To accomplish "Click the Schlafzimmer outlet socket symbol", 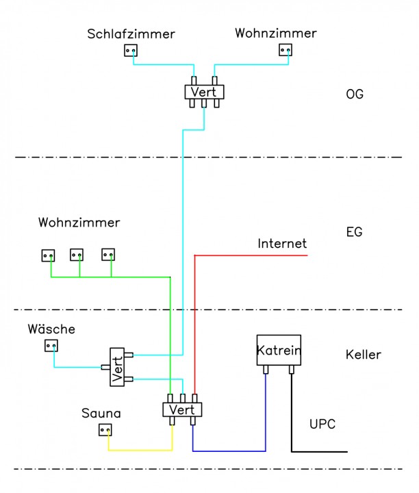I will (x=131, y=50).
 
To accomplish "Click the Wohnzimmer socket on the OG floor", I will (x=285, y=50).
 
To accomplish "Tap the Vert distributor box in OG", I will (x=204, y=91).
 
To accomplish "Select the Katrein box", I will (x=279, y=351).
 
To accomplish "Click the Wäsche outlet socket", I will (x=51, y=345).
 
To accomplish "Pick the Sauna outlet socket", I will (x=105, y=430).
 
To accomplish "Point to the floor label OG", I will (x=355, y=94).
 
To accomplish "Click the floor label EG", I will (x=354, y=233).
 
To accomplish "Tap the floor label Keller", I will (x=364, y=355).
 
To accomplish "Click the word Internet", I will (x=282, y=244).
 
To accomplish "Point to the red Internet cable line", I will (x=253, y=255).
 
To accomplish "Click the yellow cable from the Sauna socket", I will (x=140, y=450).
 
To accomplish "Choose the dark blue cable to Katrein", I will (x=229, y=451).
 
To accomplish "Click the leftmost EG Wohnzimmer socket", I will (x=48, y=255).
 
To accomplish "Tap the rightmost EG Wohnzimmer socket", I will (x=107, y=255).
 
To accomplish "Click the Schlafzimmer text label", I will (x=131, y=34).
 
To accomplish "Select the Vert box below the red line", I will (x=182, y=409).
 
